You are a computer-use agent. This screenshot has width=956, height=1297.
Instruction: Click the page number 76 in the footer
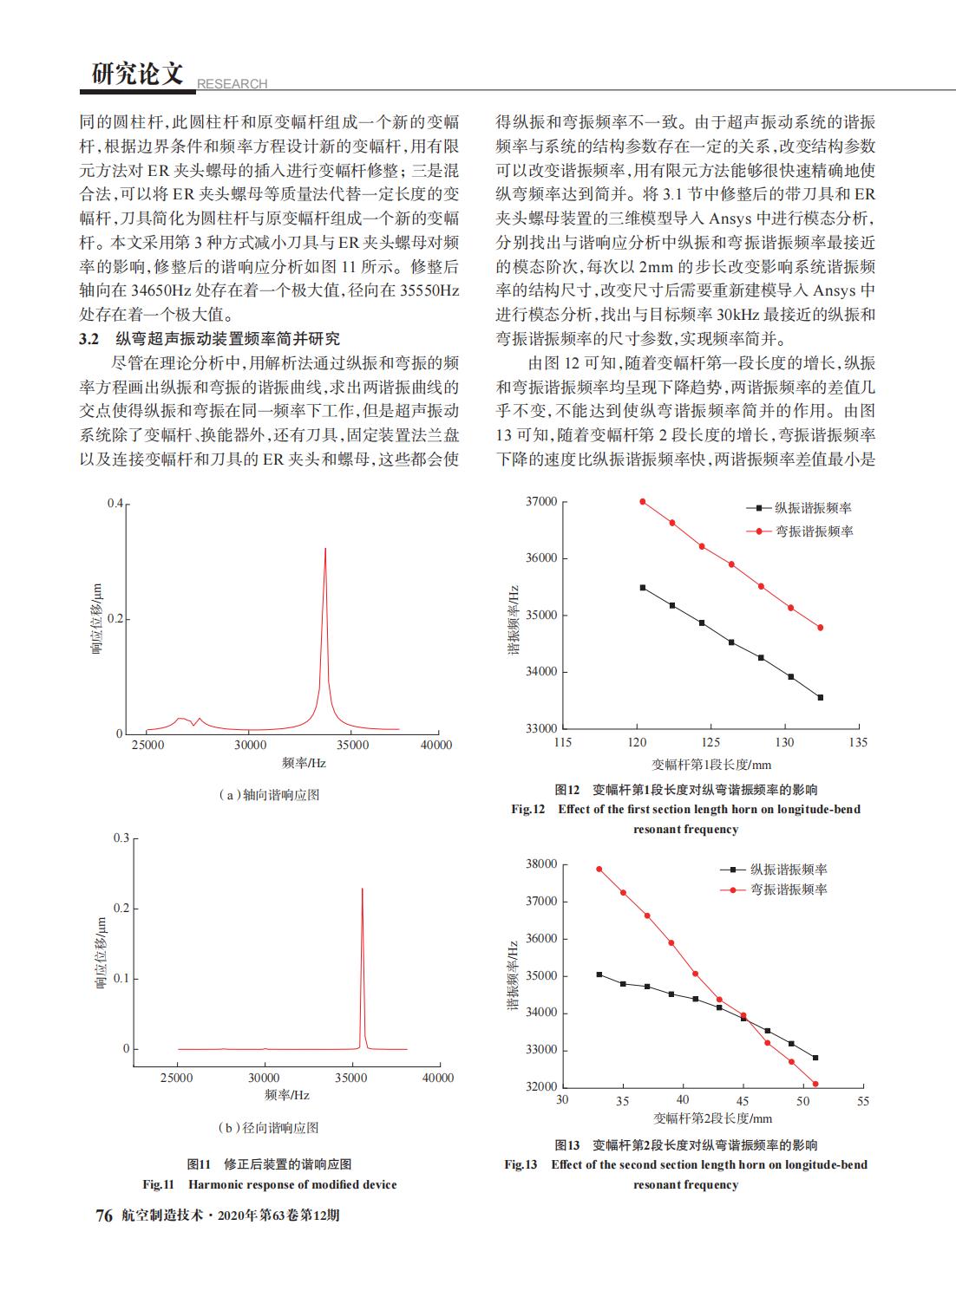click(104, 1215)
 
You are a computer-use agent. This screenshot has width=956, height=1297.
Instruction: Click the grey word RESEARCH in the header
click(232, 84)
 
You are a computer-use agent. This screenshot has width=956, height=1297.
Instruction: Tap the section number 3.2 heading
click(89, 339)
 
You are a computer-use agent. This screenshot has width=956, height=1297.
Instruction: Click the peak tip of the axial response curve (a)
click(325, 548)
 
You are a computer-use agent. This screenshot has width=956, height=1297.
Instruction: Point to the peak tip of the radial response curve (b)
click(363, 889)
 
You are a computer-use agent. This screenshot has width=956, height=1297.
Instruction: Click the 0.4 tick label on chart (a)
click(115, 503)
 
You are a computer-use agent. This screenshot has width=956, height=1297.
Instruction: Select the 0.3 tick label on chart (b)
click(121, 838)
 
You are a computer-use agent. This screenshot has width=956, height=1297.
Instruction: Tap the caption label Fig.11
click(159, 1184)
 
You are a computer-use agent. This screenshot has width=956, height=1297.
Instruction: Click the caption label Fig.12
click(527, 809)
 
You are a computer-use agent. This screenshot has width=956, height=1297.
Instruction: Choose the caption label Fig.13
click(521, 1164)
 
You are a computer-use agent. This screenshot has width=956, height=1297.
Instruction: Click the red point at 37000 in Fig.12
click(643, 501)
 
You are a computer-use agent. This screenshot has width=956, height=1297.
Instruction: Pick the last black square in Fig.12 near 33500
click(821, 698)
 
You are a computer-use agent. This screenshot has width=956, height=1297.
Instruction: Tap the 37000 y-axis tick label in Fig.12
click(541, 501)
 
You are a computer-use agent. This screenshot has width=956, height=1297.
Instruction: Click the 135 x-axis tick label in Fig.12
click(858, 742)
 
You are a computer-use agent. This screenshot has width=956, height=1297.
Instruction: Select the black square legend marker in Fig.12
click(759, 508)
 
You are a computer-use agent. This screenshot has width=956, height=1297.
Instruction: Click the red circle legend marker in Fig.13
click(734, 890)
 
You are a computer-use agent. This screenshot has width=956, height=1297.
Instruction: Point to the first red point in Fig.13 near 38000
click(599, 869)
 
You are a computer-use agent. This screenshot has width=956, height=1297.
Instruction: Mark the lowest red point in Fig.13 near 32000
click(815, 1084)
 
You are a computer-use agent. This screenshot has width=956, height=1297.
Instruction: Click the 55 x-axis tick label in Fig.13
click(862, 1101)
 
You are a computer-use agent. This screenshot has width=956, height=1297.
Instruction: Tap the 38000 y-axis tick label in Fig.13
click(541, 864)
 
